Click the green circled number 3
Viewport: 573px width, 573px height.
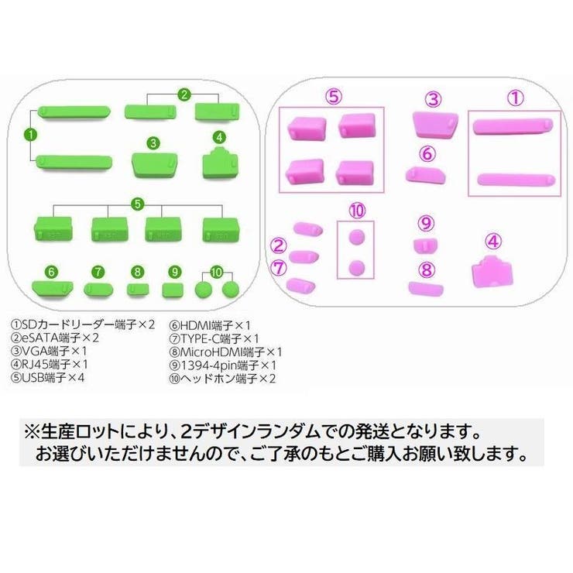point(153,143)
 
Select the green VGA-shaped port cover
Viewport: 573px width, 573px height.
point(155,164)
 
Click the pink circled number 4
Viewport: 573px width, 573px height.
point(493,242)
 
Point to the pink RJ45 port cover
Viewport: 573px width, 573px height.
point(492,272)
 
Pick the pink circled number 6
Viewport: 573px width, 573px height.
point(427,154)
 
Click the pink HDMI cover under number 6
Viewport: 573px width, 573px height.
point(425,175)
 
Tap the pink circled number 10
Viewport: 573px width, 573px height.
point(357,211)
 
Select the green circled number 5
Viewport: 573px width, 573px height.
point(137,204)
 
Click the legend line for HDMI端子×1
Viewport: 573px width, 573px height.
point(210,325)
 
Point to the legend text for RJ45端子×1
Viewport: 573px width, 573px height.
point(50,364)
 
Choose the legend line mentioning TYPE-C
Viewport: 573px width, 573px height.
point(214,338)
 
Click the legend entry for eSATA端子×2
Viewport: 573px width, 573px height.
point(55,338)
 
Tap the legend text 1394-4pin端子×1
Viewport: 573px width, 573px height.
point(222,365)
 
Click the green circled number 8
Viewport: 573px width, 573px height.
point(137,272)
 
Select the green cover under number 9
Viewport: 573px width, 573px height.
point(173,290)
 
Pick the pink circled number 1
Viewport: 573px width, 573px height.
point(515,98)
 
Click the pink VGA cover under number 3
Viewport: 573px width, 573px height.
point(435,125)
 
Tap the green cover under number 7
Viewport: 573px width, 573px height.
point(98,290)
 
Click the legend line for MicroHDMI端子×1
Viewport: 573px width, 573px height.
point(225,352)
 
